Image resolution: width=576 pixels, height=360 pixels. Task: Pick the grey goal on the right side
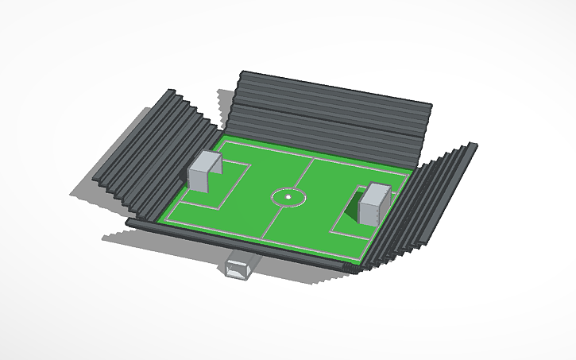point(373,203)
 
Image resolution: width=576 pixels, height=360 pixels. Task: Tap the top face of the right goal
point(376,189)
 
